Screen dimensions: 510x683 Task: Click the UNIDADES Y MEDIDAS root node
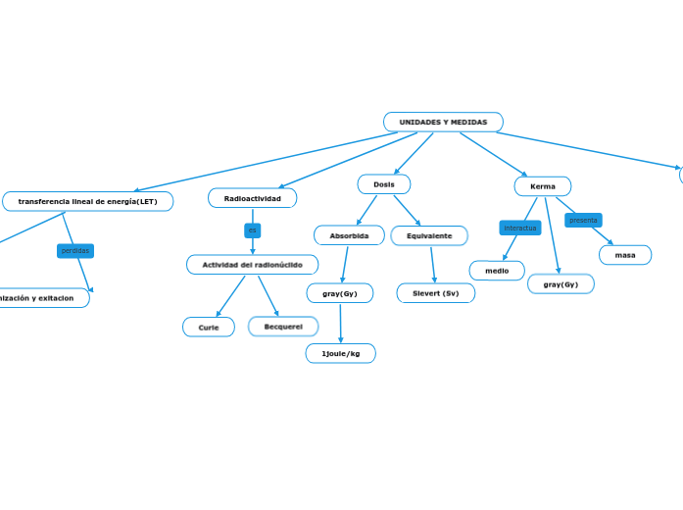(x=443, y=122)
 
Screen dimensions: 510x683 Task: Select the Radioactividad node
(x=252, y=198)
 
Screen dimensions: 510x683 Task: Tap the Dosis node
(x=384, y=184)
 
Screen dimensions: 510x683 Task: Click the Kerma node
(x=542, y=186)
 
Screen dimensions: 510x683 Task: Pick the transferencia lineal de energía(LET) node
(x=87, y=201)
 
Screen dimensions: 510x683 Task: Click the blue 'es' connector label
(x=252, y=230)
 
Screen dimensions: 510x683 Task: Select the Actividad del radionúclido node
(x=252, y=265)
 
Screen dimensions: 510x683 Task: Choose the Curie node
(x=209, y=327)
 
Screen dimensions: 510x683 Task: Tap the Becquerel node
(x=283, y=326)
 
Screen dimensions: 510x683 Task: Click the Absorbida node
(x=349, y=235)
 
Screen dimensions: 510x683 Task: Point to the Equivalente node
(x=429, y=235)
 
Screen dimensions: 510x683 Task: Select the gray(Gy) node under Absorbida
(x=339, y=293)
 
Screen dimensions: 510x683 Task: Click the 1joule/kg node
(x=340, y=353)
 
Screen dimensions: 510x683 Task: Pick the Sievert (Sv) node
(x=435, y=293)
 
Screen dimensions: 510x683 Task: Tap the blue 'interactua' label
(x=520, y=228)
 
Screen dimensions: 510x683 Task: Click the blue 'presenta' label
(x=583, y=220)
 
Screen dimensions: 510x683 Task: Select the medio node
(x=497, y=271)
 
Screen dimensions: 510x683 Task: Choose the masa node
(x=625, y=255)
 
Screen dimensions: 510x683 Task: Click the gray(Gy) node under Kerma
(x=561, y=284)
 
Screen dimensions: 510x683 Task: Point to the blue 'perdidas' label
(x=75, y=250)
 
